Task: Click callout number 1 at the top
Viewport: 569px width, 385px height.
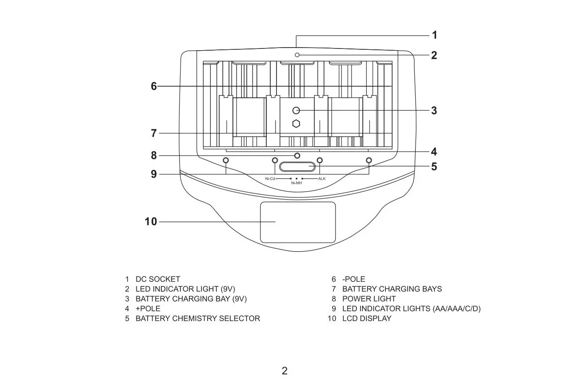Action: click(435, 35)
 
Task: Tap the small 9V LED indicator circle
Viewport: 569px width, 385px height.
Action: click(297, 55)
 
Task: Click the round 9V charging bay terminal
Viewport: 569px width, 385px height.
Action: click(296, 110)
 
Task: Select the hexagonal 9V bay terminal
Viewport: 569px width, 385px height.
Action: click(296, 124)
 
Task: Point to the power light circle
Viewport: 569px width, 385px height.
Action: click(297, 156)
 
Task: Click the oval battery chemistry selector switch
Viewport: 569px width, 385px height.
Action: click(297, 167)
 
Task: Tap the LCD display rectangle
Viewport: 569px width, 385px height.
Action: click(298, 222)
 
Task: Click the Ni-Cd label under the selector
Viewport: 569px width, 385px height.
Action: click(270, 179)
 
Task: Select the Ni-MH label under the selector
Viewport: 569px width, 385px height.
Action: click(297, 183)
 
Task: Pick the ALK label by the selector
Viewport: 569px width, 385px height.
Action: click(322, 179)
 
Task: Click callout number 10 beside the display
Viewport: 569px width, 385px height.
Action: click(151, 221)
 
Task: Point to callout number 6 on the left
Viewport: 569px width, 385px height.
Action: click(154, 86)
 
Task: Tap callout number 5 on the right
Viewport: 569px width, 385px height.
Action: click(434, 167)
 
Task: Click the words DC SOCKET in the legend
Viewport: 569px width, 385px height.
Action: click(158, 279)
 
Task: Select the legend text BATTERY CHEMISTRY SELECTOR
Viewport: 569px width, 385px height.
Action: click(198, 318)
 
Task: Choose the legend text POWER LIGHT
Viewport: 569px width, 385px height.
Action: click(369, 299)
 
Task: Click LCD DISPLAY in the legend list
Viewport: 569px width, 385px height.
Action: click(367, 318)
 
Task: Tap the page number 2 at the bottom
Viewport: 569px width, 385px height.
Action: click(284, 371)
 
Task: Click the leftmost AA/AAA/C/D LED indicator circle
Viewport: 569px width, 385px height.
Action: click(226, 160)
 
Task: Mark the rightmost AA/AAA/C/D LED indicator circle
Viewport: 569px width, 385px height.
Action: click(369, 160)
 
